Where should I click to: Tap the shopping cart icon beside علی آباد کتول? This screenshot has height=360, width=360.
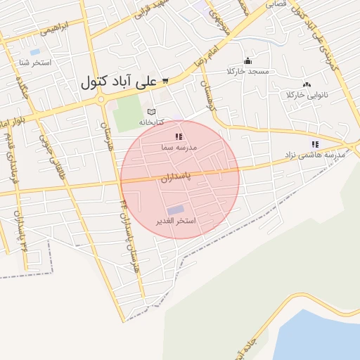tap(165, 81)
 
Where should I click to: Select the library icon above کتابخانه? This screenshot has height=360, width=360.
tap(151, 112)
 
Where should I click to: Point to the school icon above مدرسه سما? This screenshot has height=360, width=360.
tap(179, 136)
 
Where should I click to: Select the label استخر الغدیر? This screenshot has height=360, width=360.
tap(180, 221)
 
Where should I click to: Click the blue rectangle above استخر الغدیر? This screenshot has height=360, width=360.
tap(175, 210)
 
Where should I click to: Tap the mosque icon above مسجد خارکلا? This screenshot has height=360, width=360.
tap(247, 61)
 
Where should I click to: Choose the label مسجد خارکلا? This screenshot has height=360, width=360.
tap(248, 72)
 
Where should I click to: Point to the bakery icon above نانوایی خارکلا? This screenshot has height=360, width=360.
tap(307, 84)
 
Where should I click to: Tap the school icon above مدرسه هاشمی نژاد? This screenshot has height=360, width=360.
tap(314, 144)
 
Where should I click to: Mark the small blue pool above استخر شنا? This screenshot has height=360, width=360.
tap(35, 51)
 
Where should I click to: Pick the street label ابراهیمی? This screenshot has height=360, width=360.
tap(56, 30)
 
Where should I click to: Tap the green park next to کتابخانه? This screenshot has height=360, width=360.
tap(128, 112)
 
